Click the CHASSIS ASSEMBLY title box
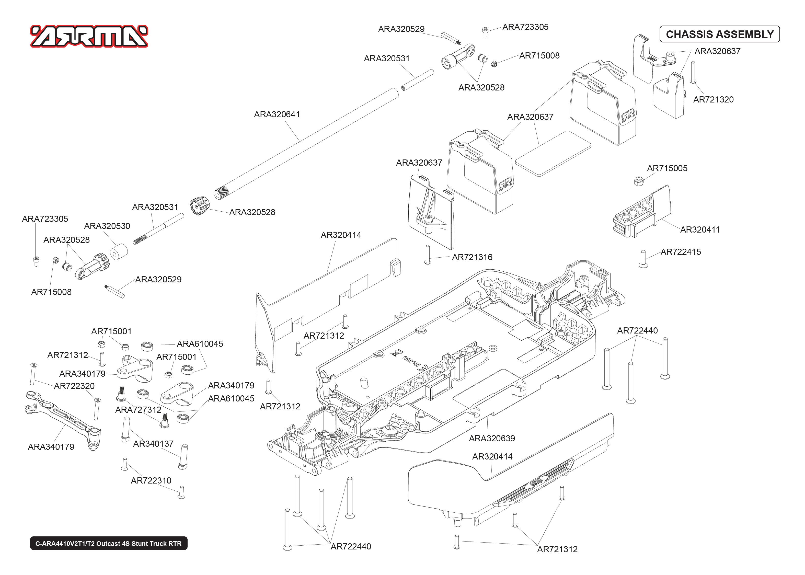click(719, 34)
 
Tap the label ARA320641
click(277, 114)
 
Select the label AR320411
click(700, 229)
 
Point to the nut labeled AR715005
click(638, 181)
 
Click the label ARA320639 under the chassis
click(492, 438)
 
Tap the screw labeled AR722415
click(643, 259)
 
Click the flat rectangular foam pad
click(553, 153)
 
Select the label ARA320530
click(107, 226)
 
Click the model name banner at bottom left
click(108, 543)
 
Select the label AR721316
click(472, 257)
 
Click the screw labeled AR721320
click(693, 73)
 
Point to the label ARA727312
click(138, 410)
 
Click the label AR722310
click(151, 480)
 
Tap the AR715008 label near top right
click(539, 56)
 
